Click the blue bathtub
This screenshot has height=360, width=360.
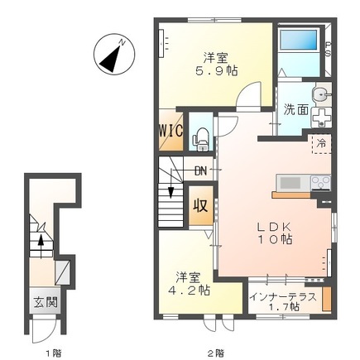(299, 40)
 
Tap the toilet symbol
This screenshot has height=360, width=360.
(201, 140)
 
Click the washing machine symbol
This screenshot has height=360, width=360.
(321, 118)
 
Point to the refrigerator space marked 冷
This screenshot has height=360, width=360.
(321, 144)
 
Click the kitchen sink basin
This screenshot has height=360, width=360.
(290, 183)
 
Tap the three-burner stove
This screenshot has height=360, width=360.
(321, 183)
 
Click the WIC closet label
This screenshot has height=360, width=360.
(171, 131)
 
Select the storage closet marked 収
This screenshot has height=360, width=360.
(200, 205)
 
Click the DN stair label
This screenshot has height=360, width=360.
(201, 171)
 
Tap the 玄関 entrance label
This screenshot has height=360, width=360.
(46, 303)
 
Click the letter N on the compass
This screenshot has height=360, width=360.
(122, 42)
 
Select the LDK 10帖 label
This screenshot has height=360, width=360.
(274, 233)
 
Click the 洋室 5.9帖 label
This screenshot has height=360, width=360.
(216, 65)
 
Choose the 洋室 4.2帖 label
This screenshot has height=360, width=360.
(189, 284)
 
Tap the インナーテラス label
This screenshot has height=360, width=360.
(282, 297)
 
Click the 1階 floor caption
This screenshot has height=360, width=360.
(54, 353)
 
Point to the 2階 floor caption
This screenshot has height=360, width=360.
(216, 353)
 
